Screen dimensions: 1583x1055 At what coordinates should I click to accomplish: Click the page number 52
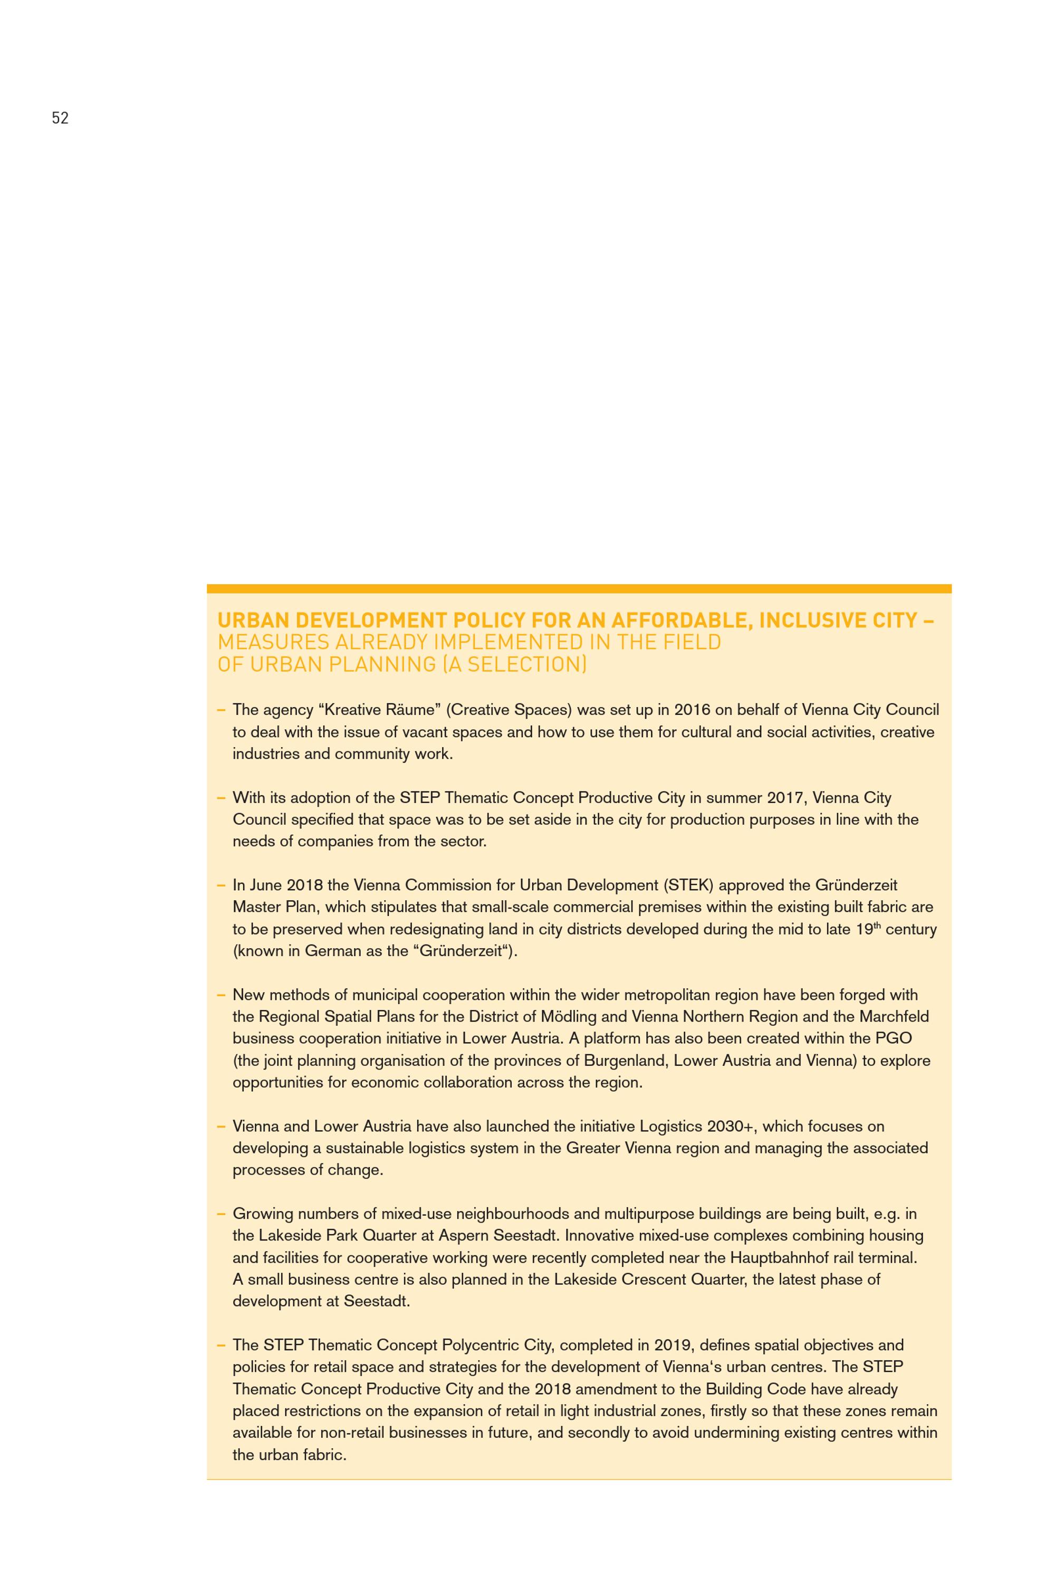coord(60,118)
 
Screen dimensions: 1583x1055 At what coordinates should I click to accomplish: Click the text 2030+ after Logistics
coord(731,1126)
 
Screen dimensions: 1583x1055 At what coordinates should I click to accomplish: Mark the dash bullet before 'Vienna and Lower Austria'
coord(220,1126)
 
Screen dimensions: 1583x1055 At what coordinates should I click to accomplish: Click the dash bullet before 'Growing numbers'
coord(220,1214)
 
